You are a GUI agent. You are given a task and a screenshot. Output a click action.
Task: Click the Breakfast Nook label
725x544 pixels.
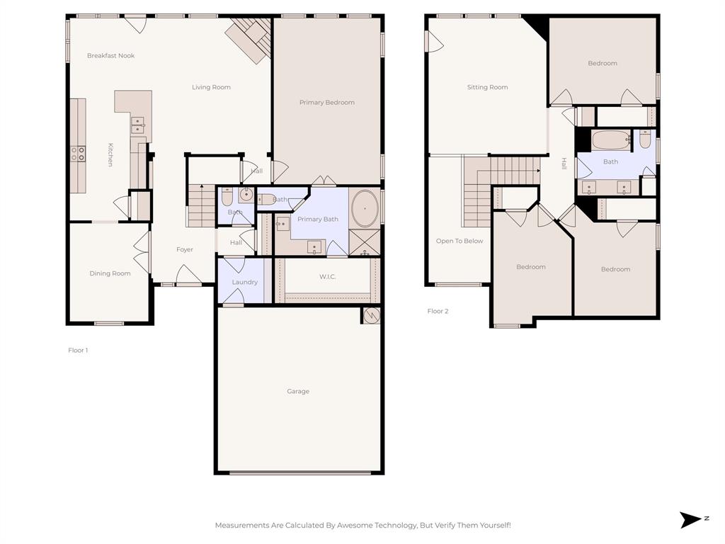(110, 55)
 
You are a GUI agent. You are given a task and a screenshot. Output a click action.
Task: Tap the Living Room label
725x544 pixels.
(211, 87)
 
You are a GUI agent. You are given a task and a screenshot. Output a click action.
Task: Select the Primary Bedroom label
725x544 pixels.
(326, 103)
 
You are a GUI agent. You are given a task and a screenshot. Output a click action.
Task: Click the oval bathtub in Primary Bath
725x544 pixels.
(365, 208)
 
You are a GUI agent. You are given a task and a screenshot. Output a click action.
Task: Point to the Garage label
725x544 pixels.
(298, 391)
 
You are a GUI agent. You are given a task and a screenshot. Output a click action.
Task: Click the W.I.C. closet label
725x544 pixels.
(327, 276)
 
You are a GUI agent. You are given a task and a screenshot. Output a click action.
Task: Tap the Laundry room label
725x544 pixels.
(245, 282)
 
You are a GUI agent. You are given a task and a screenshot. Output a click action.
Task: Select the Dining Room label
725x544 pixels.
(110, 273)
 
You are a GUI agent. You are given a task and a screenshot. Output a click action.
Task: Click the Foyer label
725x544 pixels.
(185, 249)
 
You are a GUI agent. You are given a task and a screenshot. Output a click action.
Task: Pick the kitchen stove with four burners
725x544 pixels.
(77, 153)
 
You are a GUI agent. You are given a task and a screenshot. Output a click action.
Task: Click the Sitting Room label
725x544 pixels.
(487, 87)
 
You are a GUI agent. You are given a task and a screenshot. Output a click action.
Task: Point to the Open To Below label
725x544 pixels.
(459, 241)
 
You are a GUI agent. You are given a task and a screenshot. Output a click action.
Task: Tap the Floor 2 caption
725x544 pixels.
(438, 311)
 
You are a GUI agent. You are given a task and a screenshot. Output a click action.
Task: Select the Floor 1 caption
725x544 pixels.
(78, 350)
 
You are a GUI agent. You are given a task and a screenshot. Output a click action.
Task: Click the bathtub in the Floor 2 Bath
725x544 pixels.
(610, 140)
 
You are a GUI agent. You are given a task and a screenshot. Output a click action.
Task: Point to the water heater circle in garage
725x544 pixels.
(371, 315)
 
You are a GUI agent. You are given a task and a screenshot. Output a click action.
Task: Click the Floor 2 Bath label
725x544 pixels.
(610, 161)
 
